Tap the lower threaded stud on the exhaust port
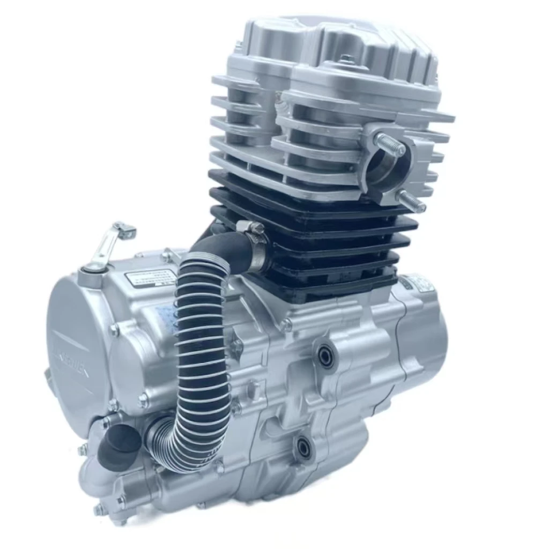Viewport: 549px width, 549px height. click(x=412, y=202)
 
